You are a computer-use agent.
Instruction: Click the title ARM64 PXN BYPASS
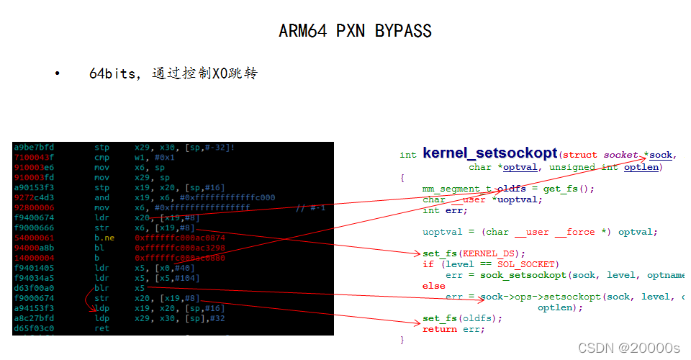pyautogui.click(x=355, y=31)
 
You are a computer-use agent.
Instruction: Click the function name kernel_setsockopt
pyautogui.click(x=489, y=153)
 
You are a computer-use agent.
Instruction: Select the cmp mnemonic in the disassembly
pyautogui.click(x=102, y=157)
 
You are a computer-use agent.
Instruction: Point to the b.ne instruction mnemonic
pyautogui.click(x=105, y=237)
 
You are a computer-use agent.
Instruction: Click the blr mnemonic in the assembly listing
pyautogui.click(x=102, y=287)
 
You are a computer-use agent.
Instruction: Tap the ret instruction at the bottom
pyautogui.click(x=102, y=328)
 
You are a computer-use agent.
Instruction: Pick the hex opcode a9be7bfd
pyautogui.click(x=33, y=147)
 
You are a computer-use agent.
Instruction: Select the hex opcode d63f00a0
pyautogui.click(x=33, y=287)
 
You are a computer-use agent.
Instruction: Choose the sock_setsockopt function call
pyautogui.click(x=511, y=275)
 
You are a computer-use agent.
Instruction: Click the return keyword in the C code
pyautogui.click(x=440, y=329)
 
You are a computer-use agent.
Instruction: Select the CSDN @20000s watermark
pyautogui.click(x=629, y=348)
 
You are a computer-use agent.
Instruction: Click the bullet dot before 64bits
pyautogui.click(x=57, y=73)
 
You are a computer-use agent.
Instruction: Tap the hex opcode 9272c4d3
pyautogui.click(x=33, y=197)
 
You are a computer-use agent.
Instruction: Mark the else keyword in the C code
pyautogui.click(x=434, y=286)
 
